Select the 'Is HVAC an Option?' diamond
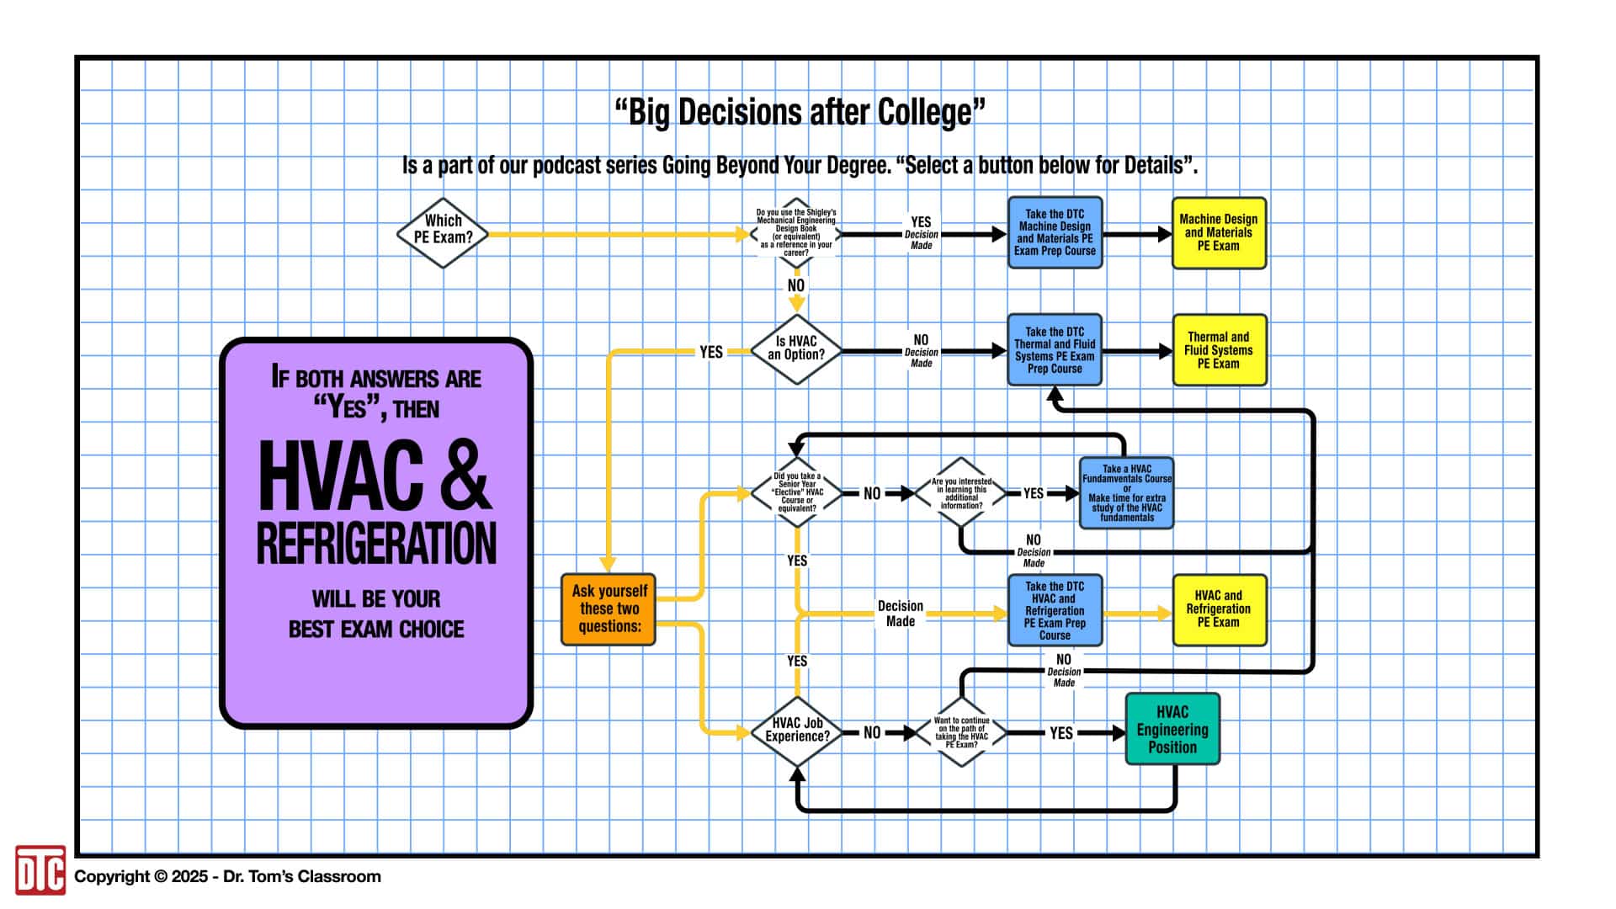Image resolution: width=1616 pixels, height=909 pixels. point(796,349)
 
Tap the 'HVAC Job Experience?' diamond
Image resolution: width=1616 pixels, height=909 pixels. point(797,731)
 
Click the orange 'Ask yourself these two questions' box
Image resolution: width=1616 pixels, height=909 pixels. point(609,609)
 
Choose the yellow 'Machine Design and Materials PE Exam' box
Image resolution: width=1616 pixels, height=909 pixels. point(1219,232)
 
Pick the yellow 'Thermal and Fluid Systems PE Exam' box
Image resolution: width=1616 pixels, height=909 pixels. point(1219,350)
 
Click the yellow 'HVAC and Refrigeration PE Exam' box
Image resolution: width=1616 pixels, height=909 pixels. point(1219,609)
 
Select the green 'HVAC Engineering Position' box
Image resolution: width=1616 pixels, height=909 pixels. point(1172,729)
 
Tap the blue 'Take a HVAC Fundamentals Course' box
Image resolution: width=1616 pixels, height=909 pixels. point(1126,493)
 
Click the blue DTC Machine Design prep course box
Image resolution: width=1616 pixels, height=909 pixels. point(1055,232)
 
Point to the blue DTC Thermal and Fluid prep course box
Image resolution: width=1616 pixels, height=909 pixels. point(1055,350)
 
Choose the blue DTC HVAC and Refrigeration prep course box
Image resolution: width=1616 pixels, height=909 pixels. point(1055,610)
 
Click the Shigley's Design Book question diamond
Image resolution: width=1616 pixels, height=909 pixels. point(796,233)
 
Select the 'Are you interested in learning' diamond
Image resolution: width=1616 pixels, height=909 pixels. point(961,493)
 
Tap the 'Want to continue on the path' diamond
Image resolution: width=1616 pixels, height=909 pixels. point(961,732)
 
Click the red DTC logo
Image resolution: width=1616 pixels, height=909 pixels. point(40,870)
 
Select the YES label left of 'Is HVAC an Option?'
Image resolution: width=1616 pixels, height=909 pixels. point(711,352)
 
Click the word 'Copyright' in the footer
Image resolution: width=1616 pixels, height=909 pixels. point(112,876)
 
